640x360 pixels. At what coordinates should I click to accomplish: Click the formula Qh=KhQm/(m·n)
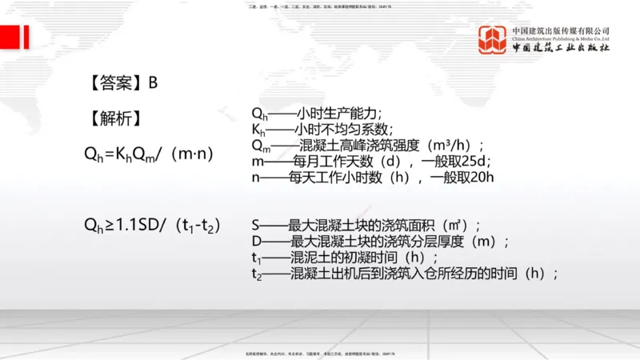149,154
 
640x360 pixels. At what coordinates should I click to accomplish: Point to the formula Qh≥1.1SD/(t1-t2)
152,225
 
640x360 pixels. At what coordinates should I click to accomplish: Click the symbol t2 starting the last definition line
256,274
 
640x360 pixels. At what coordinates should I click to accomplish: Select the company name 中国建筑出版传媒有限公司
561,30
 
